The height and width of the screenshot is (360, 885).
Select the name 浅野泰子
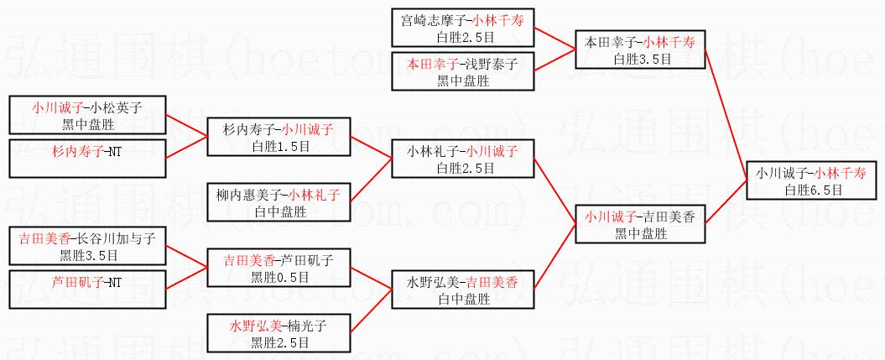(497, 63)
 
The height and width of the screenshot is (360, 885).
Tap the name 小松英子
(119, 107)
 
